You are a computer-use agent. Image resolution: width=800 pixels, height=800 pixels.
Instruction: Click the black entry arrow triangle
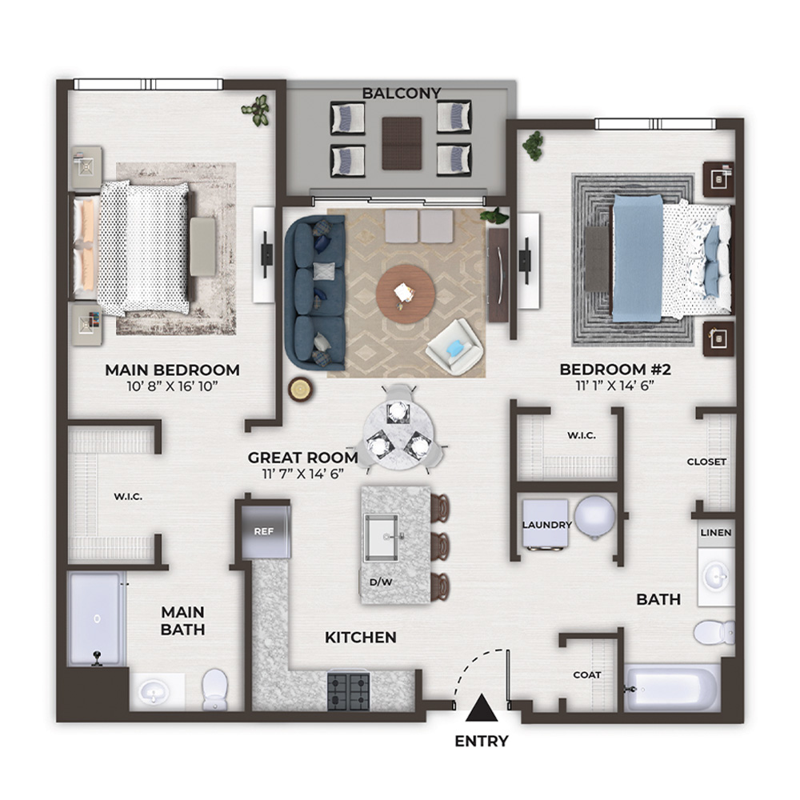point(481,708)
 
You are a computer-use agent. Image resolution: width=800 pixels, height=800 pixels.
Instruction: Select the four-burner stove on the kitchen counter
point(349,690)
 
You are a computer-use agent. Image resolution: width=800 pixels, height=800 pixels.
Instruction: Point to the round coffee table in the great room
point(406,294)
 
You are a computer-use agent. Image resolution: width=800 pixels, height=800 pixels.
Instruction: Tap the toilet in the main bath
point(214,689)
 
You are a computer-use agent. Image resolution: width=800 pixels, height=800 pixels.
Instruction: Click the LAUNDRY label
point(547,525)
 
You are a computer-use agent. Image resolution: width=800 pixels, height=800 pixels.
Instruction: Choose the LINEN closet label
point(716,533)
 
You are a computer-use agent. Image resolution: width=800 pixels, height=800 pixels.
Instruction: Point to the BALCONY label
point(402,94)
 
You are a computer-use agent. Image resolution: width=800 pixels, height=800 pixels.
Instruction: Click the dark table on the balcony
point(402,143)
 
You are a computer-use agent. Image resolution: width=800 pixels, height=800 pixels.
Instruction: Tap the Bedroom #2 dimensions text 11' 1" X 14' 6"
point(614,386)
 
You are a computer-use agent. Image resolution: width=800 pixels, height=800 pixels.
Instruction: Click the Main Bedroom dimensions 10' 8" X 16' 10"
point(172,386)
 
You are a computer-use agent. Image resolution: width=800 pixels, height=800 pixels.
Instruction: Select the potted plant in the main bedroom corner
point(256,110)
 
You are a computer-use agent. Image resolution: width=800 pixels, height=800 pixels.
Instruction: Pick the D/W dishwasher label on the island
point(381,582)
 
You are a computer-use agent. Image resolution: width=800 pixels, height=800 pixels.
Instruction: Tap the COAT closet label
point(586,675)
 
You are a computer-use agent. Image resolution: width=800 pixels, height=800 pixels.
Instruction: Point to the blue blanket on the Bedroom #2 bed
point(638,258)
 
